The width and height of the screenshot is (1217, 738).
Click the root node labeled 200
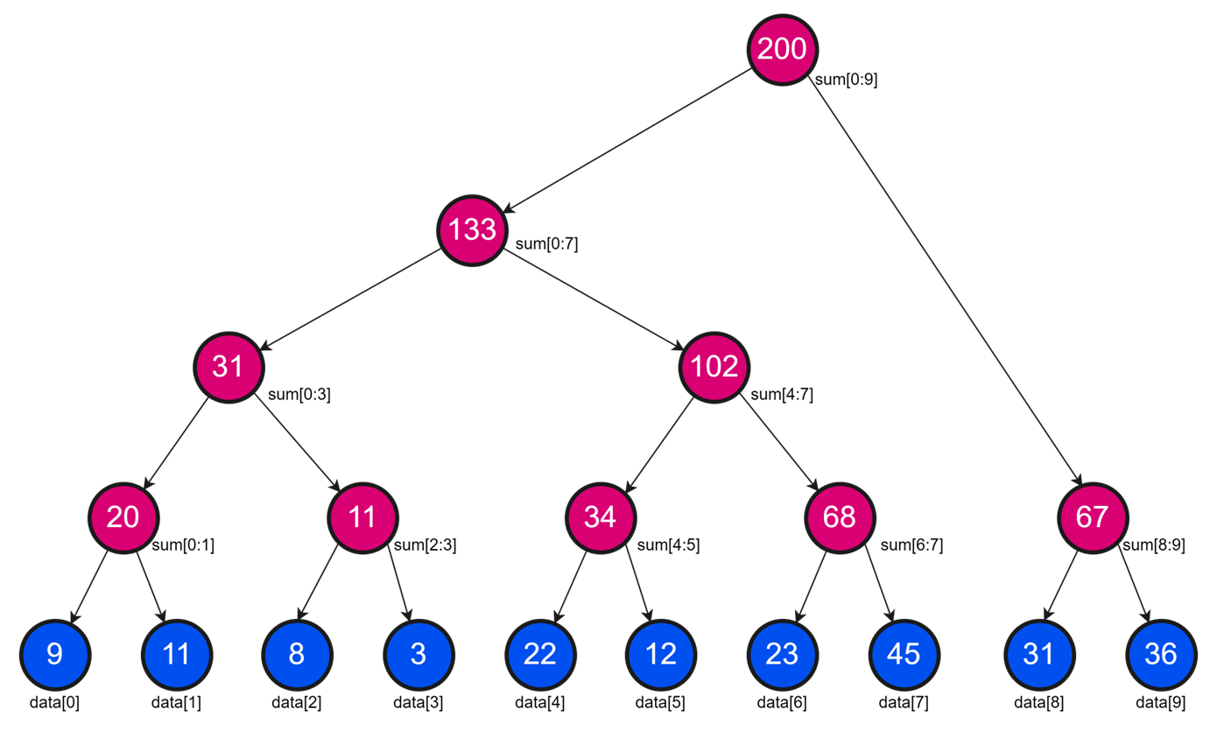782,49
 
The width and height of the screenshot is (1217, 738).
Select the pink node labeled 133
473,230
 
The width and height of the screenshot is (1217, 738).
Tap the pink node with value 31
229,366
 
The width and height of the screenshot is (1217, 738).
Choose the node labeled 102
714,366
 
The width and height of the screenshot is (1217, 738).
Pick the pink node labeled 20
123,517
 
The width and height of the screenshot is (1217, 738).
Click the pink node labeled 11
362,517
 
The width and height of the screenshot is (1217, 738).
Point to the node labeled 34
601,517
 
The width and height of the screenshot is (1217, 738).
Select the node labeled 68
840,517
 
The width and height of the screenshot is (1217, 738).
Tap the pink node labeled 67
1092,517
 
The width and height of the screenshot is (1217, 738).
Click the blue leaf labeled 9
54,654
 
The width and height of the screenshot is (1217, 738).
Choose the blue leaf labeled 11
176,654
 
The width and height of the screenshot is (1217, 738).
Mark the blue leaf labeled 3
419,654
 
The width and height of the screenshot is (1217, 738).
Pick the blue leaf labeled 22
539,654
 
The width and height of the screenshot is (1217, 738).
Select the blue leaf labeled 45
904,654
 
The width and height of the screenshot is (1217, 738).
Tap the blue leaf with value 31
1038,654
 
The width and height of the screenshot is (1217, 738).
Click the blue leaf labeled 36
1160,654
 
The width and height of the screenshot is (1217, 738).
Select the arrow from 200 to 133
628,140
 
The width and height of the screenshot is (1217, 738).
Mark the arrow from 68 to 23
811,587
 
